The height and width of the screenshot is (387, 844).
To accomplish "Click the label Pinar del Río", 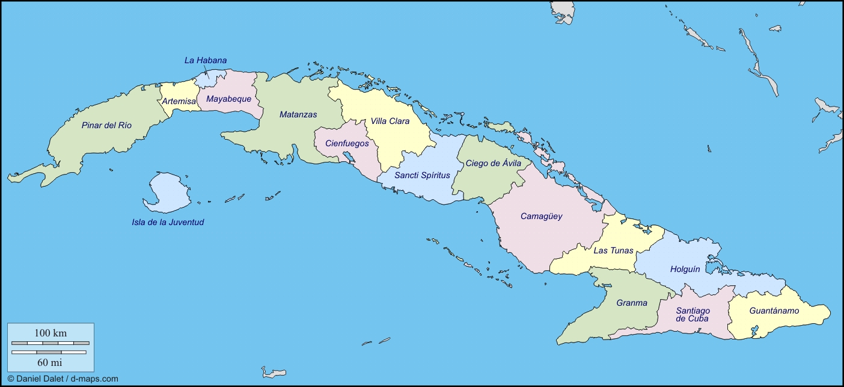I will coord(106,125).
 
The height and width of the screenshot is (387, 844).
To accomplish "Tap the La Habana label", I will coord(205,60).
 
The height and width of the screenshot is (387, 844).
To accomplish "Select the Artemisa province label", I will coord(179,102).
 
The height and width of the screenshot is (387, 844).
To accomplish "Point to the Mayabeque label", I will coord(228,99).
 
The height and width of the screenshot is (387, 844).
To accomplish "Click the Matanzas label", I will coord(298,114).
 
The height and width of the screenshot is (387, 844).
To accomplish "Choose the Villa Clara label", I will coord(390,121).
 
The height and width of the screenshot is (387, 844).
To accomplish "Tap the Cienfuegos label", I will coord(347,143).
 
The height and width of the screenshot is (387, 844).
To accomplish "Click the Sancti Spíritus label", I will coord(422,175).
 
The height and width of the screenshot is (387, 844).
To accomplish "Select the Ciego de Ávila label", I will coord(494,163).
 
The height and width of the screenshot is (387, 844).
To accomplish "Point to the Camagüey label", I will coord(541,216).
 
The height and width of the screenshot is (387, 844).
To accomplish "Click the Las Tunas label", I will coord(613,250).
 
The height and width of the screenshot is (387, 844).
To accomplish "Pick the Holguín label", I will coord(685,269).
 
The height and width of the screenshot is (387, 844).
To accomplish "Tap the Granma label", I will coord(632,303).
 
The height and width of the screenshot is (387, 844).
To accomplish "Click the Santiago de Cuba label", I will coord(692,315).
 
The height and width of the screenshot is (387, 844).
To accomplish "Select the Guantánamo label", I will coord(774,311).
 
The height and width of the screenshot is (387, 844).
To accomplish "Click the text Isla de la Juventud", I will coord(168,222).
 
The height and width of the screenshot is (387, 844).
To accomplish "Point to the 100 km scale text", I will coord(50,333).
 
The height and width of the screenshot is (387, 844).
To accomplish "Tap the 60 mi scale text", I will coord(49,362).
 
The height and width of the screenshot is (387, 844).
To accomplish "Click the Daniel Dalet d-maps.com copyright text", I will coord(63,379).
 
